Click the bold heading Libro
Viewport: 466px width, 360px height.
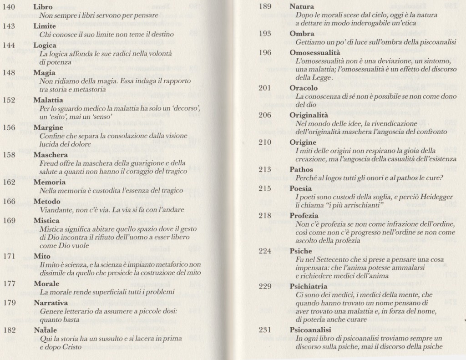point(43,7)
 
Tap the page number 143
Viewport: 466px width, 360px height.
point(9,26)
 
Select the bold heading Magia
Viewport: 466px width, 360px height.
point(45,73)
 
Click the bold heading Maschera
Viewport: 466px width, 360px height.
point(51,155)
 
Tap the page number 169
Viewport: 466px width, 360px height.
point(9,220)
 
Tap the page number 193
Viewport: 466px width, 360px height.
point(265,34)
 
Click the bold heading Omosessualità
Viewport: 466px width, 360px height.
point(315,53)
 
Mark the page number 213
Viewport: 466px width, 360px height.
point(265,169)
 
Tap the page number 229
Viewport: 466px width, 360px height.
point(265,286)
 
